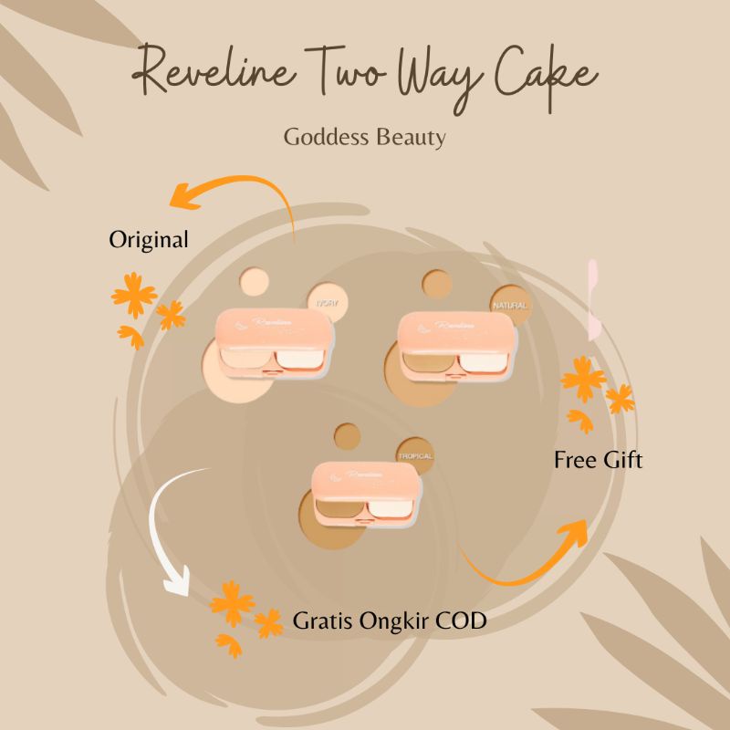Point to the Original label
tap(149, 240)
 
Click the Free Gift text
tap(598, 460)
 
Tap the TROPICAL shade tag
tap(414, 455)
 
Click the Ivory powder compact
tap(273, 345)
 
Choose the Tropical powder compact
tap(365, 494)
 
